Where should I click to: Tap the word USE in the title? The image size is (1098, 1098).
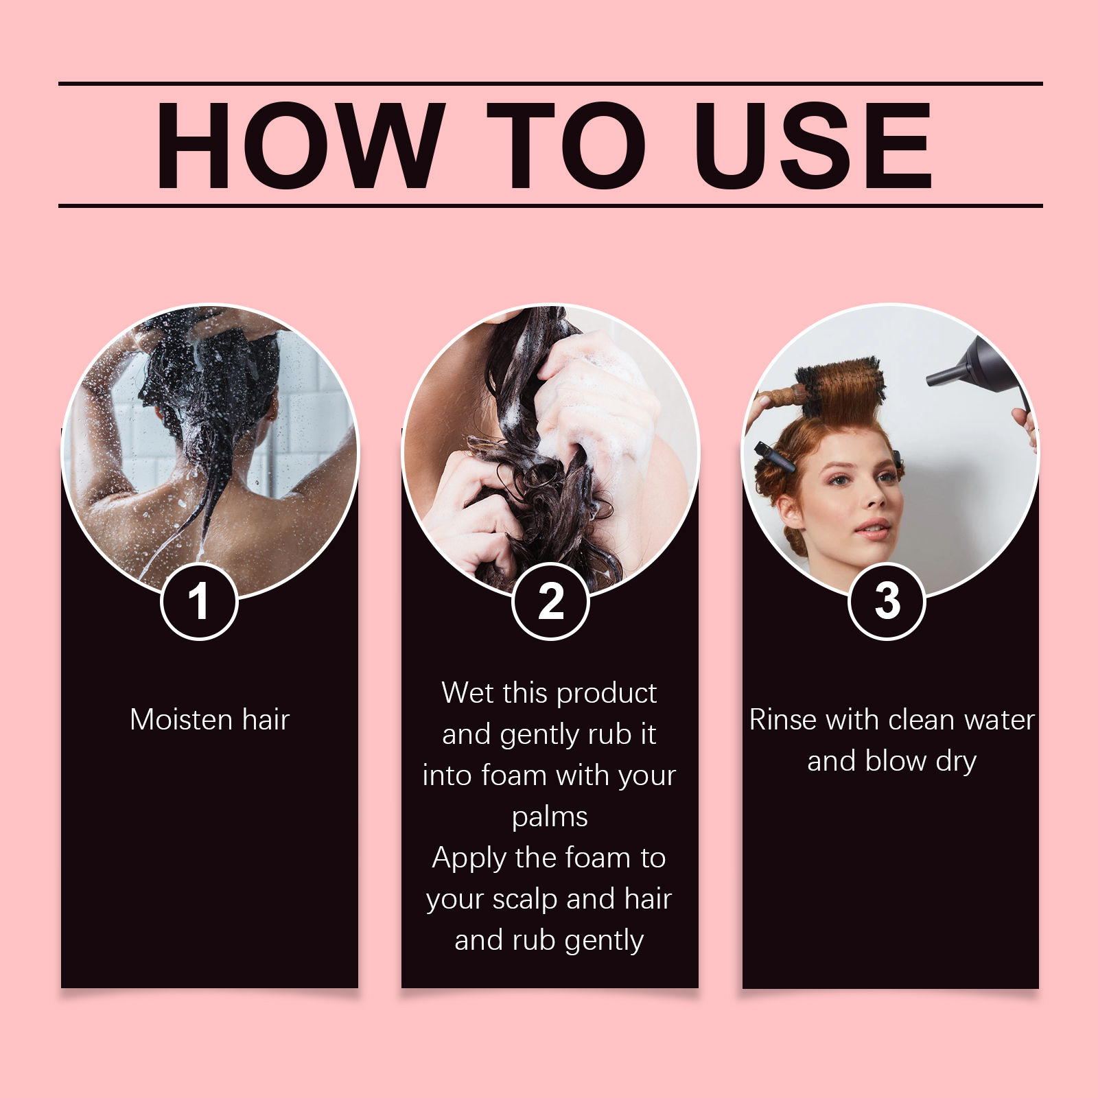tap(813, 145)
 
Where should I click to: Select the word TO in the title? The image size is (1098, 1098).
tap(566, 145)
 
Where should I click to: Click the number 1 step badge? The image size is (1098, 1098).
tap(199, 601)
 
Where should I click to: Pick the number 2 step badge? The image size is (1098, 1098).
tap(550, 601)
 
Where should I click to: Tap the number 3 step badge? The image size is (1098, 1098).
tap(887, 601)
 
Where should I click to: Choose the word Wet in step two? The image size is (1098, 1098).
tap(465, 693)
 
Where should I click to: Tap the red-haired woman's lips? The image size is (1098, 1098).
tap(873, 529)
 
